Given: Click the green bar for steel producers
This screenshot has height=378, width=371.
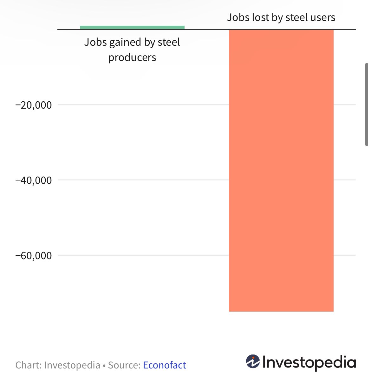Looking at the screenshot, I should [x=132, y=27].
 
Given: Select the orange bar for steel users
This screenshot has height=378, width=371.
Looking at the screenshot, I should [x=281, y=170].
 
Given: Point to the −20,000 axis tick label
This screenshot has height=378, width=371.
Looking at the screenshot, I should [x=34, y=105].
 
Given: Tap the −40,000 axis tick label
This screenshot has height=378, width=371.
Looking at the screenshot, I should [x=34, y=180].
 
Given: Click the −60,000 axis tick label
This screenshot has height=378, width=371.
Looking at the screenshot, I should [x=34, y=255].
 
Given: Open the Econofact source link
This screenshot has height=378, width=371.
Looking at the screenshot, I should [x=164, y=365].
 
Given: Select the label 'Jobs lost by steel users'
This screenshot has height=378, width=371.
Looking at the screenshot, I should [x=281, y=17].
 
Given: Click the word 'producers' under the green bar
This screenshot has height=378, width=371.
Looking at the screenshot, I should [x=132, y=57].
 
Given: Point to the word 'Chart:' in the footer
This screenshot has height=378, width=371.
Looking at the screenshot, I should [x=29, y=365].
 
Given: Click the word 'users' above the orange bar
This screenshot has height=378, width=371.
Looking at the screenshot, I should [x=323, y=17].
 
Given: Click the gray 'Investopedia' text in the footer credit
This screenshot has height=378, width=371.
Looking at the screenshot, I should [x=72, y=365].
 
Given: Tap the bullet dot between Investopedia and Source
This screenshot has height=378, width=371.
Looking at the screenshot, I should [x=104, y=365].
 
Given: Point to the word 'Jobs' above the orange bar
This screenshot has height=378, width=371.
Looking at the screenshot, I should [x=238, y=17].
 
